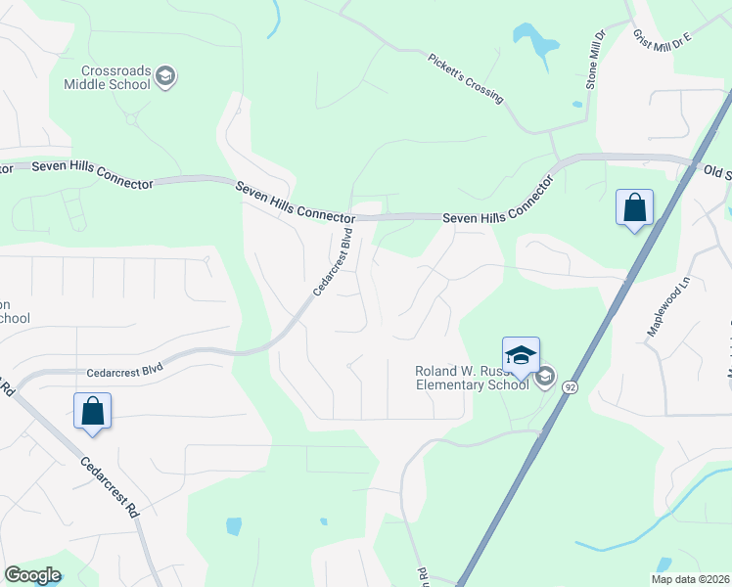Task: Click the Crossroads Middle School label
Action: click(107, 78)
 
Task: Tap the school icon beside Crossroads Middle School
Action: click(166, 77)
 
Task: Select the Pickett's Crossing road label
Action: click(466, 78)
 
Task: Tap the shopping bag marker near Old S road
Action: click(635, 208)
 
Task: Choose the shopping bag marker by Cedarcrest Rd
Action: click(93, 411)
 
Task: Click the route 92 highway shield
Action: click(570, 387)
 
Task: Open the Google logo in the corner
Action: click(32, 575)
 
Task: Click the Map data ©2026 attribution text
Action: click(690, 579)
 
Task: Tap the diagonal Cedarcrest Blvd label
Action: click(332, 262)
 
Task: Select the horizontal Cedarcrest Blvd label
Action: click(124, 371)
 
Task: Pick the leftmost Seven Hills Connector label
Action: click(93, 175)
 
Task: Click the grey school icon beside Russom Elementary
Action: click(545, 378)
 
